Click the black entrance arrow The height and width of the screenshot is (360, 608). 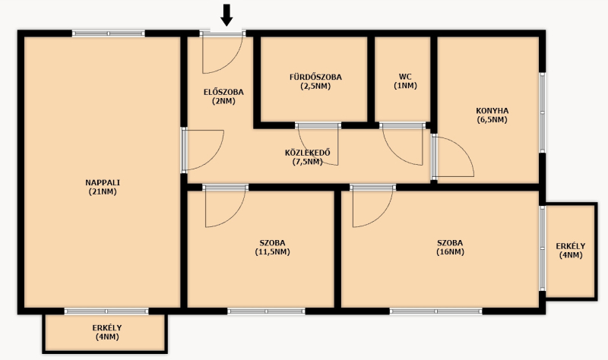pyautogui.click(x=226, y=15)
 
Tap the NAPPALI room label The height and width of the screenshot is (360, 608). pyautogui.click(x=103, y=182)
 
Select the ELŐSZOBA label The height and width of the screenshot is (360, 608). pyautogui.click(x=223, y=92)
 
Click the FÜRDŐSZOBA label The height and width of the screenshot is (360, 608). pyautogui.click(x=315, y=77)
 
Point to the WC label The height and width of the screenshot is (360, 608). pyautogui.click(x=405, y=77)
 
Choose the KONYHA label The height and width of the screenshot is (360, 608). pyautogui.click(x=492, y=111)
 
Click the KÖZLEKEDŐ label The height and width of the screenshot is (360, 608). pyautogui.click(x=308, y=153)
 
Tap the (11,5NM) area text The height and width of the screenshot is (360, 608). pyautogui.click(x=272, y=252)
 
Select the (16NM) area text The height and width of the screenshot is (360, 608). pyautogui.click(x=450, y=252)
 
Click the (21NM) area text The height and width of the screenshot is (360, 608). pyautogui.click(x=103, y=191)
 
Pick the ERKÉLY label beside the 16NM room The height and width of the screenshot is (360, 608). pyautogui.click(x=571, y=246)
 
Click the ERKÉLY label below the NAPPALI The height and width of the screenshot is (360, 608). pyautogui.click(x=107, y=328)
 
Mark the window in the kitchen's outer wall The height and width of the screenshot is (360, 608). pyautogui.click(x=543, y=112)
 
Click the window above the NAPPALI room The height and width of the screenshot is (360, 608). pyautogui.click(x=109, y=33)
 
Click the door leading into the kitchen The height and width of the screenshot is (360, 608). pyautogui.click(x=452, y=157)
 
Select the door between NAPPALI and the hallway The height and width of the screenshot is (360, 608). pyautogui.click(x=202, y=150)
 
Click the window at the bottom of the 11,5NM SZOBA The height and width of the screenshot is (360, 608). pyautogui.click(x=267, y=311)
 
